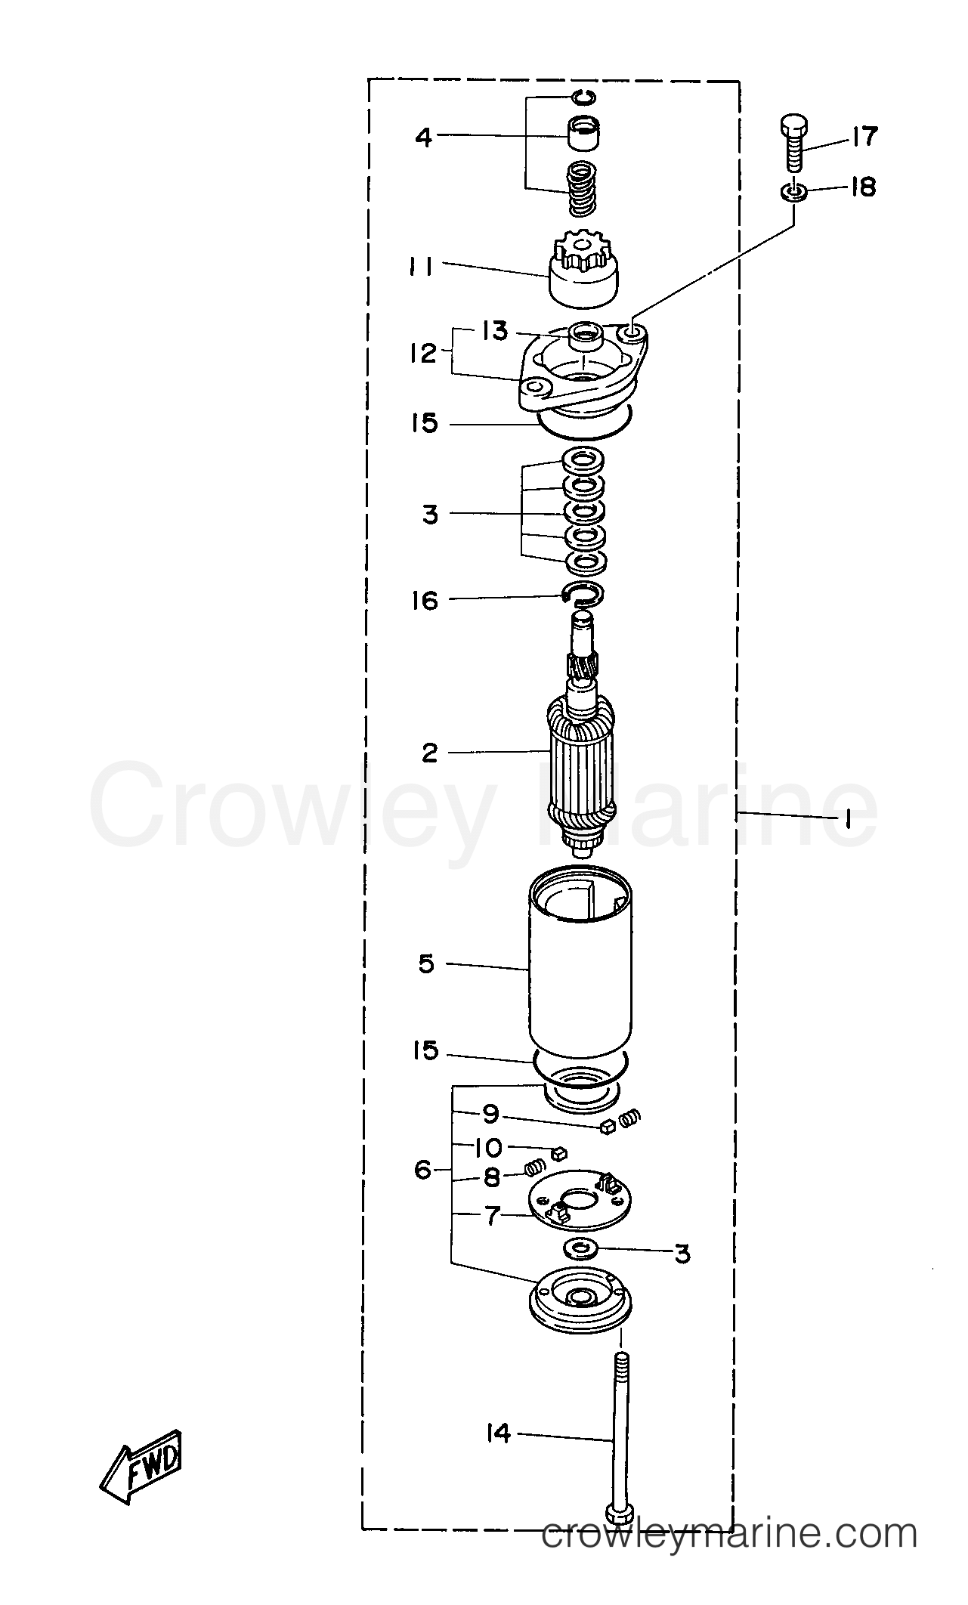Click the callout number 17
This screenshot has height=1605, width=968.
864,136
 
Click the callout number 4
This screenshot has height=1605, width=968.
425,138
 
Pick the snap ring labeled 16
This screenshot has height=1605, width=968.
582,595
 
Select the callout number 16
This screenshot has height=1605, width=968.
425,601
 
